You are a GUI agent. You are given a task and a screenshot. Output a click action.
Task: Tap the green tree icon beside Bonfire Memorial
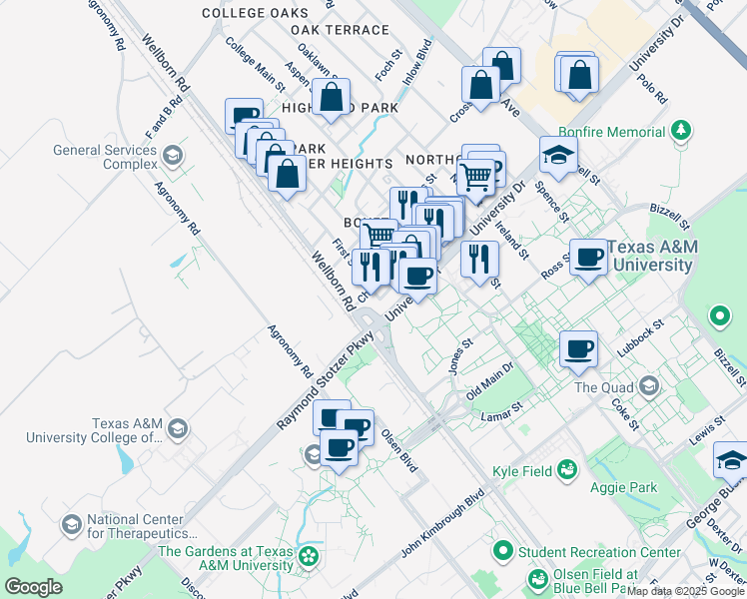coord(681,131)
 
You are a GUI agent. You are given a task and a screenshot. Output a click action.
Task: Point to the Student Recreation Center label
coord(599,551)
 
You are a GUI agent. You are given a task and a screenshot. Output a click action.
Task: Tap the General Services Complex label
coord(105,157)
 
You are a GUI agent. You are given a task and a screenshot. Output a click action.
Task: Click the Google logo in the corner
coord(32,587)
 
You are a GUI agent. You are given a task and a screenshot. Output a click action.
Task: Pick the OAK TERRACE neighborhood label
coord(340,30)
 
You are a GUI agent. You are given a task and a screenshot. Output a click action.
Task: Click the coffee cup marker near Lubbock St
coord(578,349)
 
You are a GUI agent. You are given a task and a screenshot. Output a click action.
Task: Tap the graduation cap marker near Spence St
coord(558,154)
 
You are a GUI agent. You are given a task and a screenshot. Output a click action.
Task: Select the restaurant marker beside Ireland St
coord(479,260)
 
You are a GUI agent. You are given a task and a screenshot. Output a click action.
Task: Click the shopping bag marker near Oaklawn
coord(331,98)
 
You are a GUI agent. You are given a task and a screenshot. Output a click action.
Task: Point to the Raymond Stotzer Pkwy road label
coord(325,381)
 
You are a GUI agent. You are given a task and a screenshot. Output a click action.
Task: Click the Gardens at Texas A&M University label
coord(229,557)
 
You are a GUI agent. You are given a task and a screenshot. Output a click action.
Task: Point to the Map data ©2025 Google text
coord(686,591)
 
